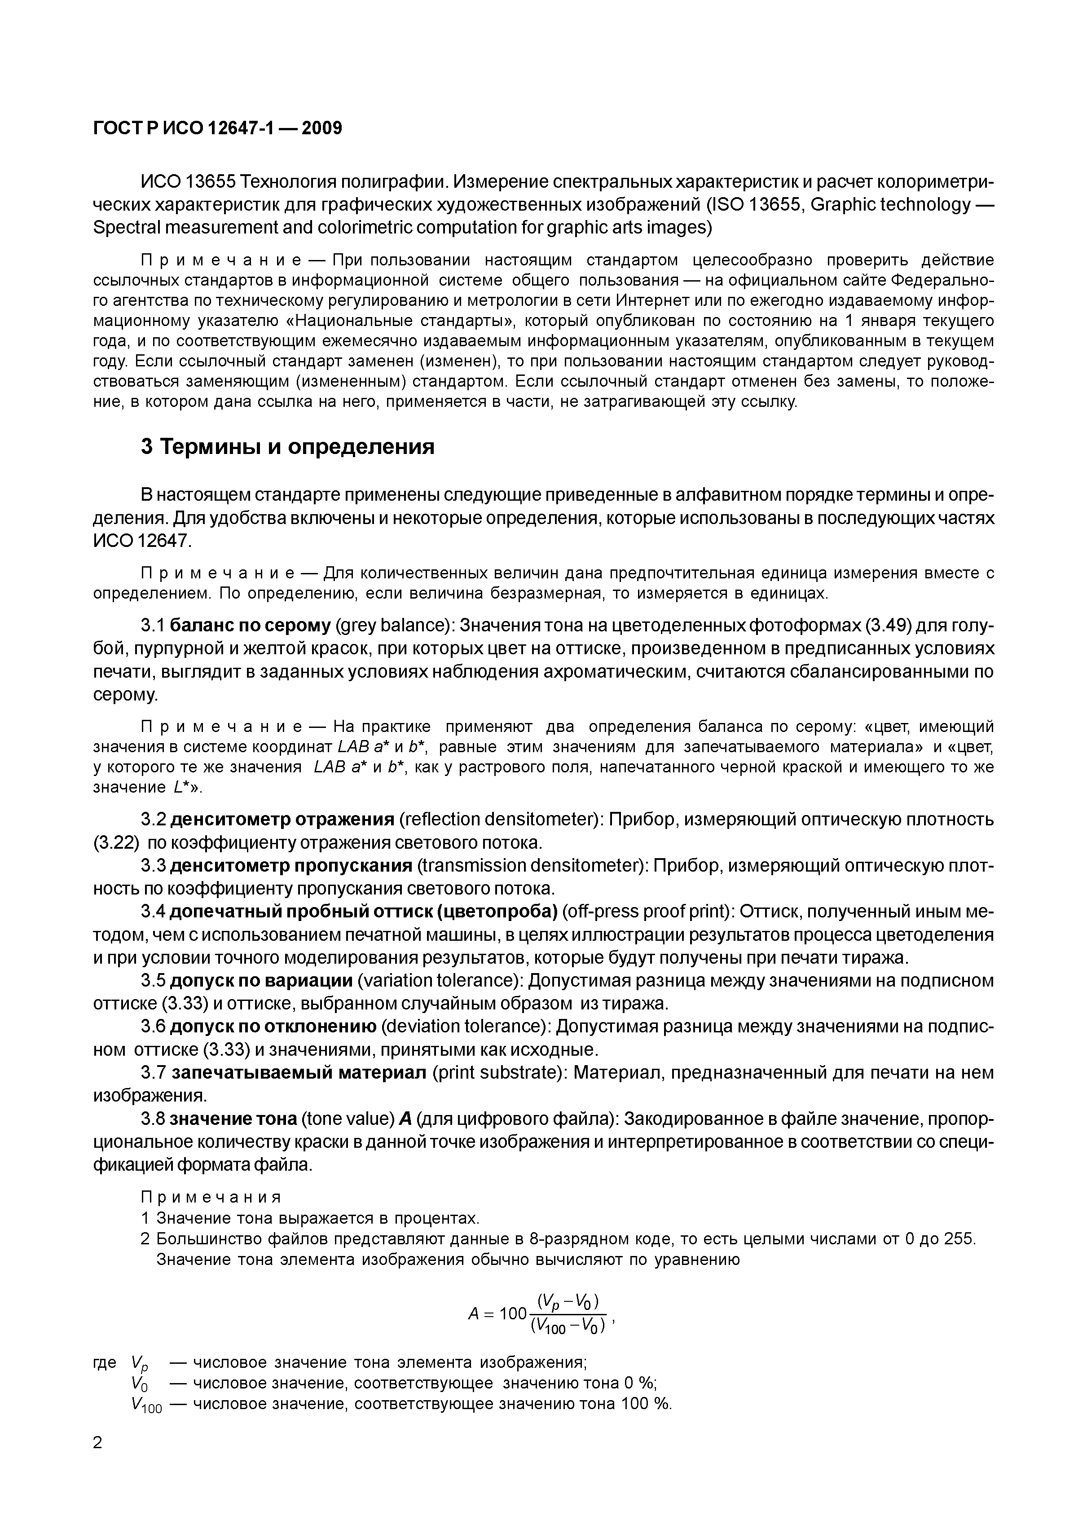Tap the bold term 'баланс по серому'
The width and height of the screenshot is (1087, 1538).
[x=251, y=626]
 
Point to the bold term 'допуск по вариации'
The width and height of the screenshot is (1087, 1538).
[x=262, y=981]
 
